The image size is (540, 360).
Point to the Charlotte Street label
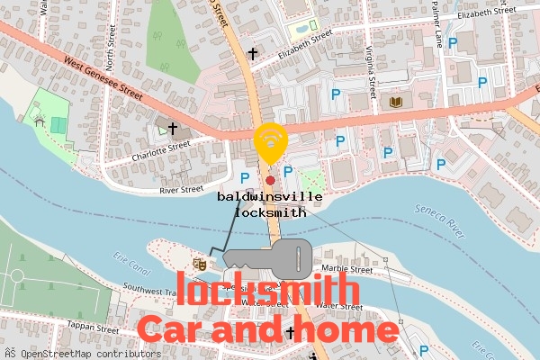click(160, 149)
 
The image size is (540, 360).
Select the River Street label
click(181, 190)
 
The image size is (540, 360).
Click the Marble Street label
click(347, 269)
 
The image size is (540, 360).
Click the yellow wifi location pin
click(269, 141)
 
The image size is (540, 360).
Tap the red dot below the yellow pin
click(270, 180)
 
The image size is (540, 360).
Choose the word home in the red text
click(349, 330)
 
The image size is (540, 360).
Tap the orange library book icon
click(395, 103)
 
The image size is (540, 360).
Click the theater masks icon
click(200, 265)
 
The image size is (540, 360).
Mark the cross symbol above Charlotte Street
click(172, 129)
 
